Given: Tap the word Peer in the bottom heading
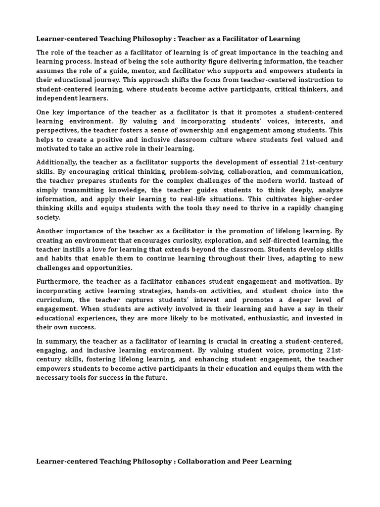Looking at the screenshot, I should [259, 461].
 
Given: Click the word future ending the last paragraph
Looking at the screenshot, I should [155, 378].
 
